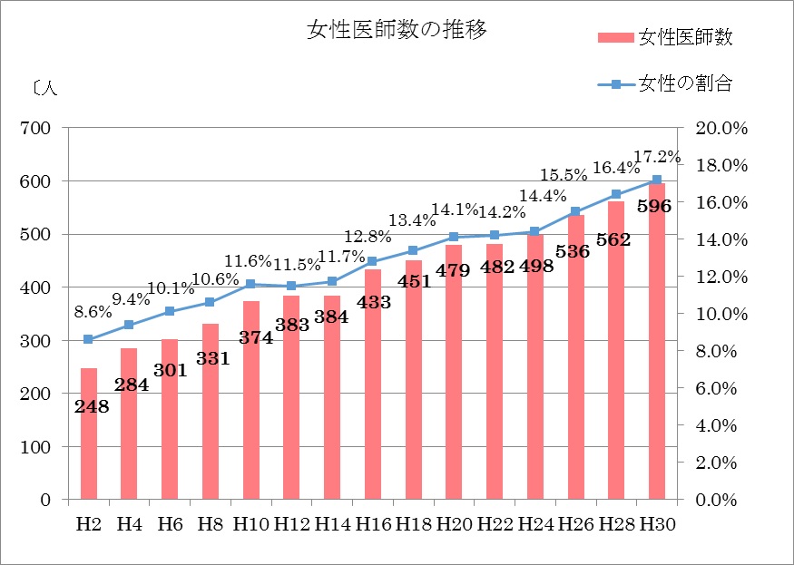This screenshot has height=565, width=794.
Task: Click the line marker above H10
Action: click(250, 284)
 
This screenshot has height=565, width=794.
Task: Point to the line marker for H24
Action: click(534, 231)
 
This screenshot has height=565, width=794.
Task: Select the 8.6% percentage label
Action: click(93, 310)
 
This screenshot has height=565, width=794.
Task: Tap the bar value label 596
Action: click(654, 206)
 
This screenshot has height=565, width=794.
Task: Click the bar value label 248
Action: click(92, 407)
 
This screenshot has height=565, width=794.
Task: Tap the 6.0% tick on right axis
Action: click(719, 388)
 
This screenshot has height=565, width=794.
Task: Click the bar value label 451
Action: click(413, 279)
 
